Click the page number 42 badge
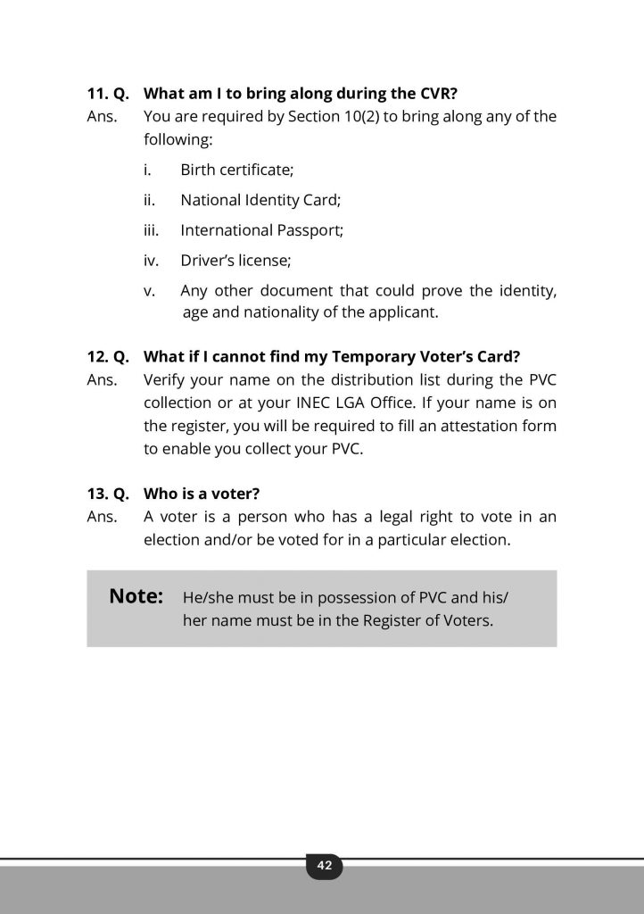[324, 866]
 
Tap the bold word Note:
[136, 596]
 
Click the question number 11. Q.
[108, 92]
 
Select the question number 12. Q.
[108, 357]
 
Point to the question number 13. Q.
[108, 493]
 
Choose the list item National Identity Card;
[260, 200]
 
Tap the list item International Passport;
[261, 230]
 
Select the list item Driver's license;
[235, 261]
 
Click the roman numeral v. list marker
[149, 291]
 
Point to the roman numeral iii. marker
[151, 230]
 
